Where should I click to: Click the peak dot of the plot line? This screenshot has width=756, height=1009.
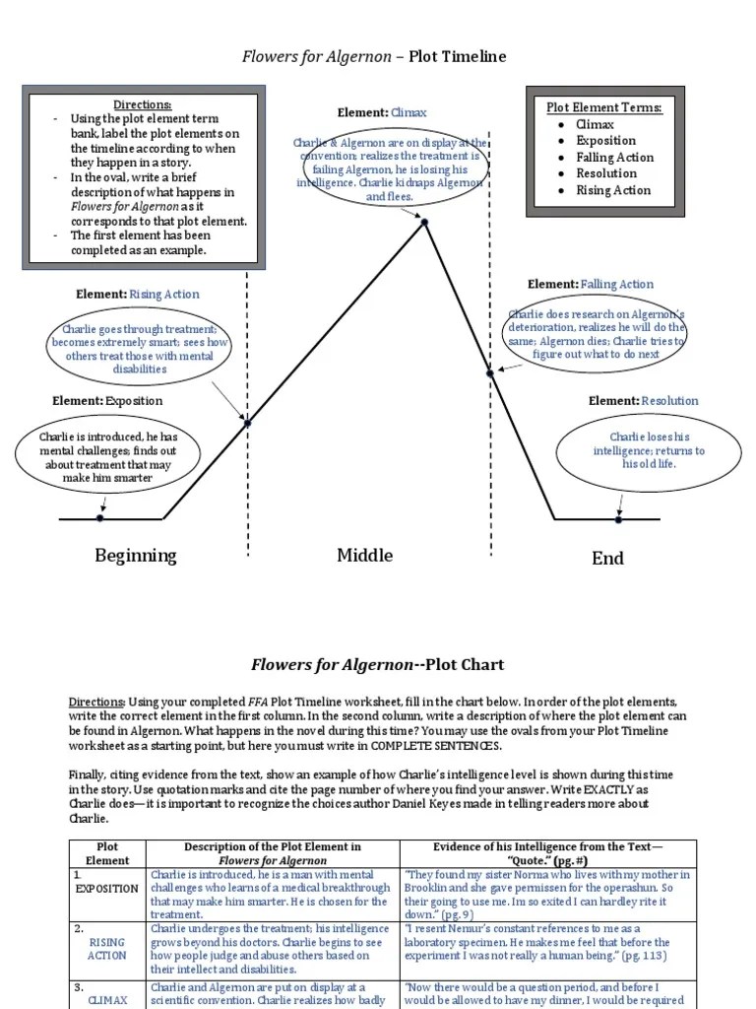tap(424, 223)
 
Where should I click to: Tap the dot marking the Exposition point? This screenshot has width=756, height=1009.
tap(99, 518)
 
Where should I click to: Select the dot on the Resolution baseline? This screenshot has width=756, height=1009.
tap(618, 519)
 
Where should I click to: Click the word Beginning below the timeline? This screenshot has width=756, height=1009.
tap(136, 556)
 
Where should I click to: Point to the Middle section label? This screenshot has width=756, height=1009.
tap(364, 556)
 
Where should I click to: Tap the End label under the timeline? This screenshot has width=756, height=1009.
tap(607, 558)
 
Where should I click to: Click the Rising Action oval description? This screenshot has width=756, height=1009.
tap(140, 349)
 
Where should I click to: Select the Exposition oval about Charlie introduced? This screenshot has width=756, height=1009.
tap(108, 457)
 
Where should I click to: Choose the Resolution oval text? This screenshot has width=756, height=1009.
tap(649, 449)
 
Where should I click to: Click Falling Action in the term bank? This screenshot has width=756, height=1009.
tap(614, 157)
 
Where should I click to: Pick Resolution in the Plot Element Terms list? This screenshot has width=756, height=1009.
tap(606, 173)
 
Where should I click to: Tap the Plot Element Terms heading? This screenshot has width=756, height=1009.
tap(604, 107)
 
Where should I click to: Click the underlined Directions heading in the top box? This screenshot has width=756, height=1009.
tap(142, 104)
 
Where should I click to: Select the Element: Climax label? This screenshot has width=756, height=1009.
tap(382, 112)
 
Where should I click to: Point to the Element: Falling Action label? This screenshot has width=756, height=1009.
tap(591, 284)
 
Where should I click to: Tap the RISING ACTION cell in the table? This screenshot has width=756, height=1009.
tap(106, 949)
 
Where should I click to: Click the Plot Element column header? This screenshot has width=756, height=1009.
tap(107, 853)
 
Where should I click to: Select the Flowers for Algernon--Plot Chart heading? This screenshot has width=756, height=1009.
tap(377, 665)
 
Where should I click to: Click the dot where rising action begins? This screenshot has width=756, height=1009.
tap(247, 423)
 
